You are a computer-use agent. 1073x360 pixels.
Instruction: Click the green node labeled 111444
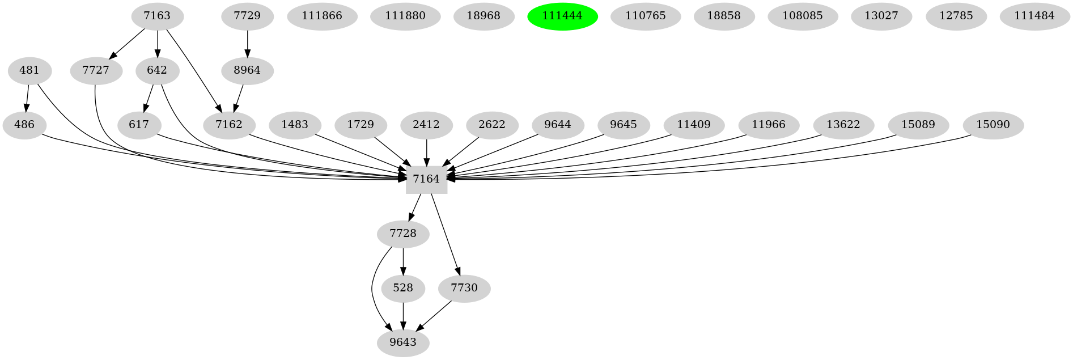click(562, 16)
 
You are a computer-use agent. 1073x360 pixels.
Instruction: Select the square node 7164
click(426, 179)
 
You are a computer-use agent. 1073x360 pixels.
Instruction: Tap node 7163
click(157, 16)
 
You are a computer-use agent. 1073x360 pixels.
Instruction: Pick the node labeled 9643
click(403, 342)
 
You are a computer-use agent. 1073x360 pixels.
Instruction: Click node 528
click(403, 288)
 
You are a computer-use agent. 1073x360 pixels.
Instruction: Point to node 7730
click(464, 288)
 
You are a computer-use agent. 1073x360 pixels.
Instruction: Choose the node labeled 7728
click(403, 234)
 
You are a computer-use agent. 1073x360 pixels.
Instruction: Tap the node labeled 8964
click(247, 71)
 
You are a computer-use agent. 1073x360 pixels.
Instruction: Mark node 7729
click(247, 16)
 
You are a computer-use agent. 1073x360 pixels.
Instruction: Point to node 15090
click(993, 125)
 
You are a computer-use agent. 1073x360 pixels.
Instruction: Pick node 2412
click(426, 125)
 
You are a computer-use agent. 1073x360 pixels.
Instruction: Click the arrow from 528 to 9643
click(403, 315)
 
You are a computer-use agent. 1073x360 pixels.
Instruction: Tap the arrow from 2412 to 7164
click(426, 151)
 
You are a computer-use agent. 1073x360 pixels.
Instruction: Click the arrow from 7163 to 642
click(157, 43)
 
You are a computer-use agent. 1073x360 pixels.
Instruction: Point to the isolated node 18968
click(484, 16)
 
